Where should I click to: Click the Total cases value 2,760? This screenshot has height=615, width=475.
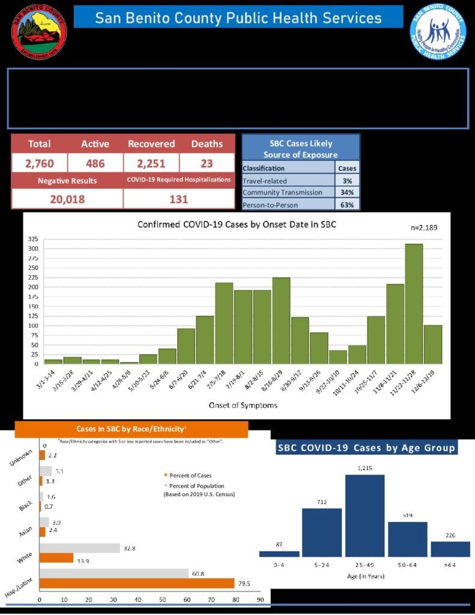(39, 163)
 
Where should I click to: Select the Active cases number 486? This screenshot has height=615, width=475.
(95, 163)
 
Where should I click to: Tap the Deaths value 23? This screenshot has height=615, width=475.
(207, 163)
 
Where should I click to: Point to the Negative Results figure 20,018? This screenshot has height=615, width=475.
(67, 199)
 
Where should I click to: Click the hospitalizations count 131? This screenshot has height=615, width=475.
(178, 199)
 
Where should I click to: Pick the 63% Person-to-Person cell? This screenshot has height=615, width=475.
(348, 205)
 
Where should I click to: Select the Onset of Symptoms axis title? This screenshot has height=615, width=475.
(243, 405)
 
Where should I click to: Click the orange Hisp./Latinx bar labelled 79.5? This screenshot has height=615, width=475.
(137, 583)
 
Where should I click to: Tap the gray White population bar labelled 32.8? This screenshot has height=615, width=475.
(80, 548)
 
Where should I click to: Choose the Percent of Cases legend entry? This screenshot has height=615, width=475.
(190, 476)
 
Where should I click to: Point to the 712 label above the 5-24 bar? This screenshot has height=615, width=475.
(321, 502)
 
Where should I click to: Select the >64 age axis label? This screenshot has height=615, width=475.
(450, 565)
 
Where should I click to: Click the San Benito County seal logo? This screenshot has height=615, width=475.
(39, 31)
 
